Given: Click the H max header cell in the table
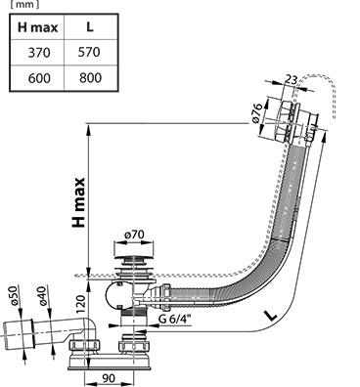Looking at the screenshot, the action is (37, 27).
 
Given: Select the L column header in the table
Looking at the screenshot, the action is (90, 27).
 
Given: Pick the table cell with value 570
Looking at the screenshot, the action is (89, 52).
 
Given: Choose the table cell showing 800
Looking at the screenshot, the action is (90, 78).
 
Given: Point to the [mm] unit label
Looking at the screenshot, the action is (22, 5).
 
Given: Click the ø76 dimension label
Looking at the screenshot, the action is (257, 113).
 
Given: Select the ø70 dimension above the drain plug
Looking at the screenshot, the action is (134, 235).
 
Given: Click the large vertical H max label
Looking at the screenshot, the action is (78, 202).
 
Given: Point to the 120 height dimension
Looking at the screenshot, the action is (81, 302).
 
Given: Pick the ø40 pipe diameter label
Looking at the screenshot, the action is (42, 296).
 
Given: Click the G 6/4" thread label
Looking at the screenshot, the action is (175, 319).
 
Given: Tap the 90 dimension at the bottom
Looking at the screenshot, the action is (109, 378).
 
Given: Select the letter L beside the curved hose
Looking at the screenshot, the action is (270, 315).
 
